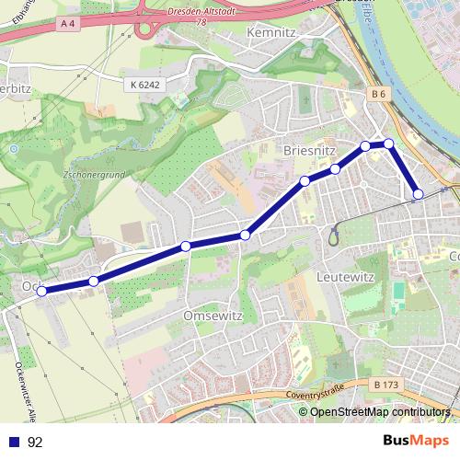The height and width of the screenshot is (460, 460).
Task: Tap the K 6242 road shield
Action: pyautogui.click(x=145, y=84)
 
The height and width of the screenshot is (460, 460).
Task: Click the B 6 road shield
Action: pyautogui.click(x=379, y=94)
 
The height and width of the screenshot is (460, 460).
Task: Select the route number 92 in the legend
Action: pyautogui.click(x=35, y=442)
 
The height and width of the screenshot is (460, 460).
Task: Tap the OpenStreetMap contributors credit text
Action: pyautogui.click(x=381, y=412)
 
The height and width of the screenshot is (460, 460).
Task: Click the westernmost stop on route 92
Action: pyautogui.click(x=41, y=291)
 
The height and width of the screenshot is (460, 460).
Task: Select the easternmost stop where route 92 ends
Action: pyautogui.click(x=419, y=194)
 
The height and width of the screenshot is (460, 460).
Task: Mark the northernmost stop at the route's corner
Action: pyautogui.click(x=389, y=143)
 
